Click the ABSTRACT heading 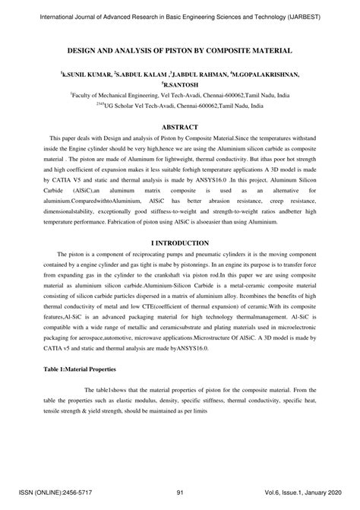(x=180, y=126)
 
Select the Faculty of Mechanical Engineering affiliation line (x=180, y=97)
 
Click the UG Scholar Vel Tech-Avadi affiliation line (x=180, y=107)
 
